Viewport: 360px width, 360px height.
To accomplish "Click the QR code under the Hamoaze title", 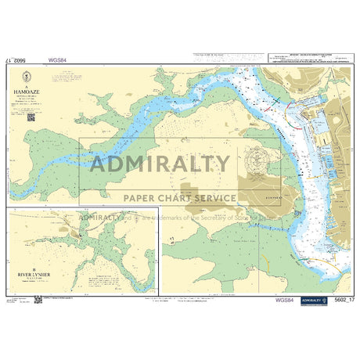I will (31, 117).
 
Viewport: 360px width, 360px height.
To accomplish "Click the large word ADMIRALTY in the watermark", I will (161, 164).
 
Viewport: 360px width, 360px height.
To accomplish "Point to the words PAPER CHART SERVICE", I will (175, 198).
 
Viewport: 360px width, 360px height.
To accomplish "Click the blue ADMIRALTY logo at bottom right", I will (313, 300).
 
